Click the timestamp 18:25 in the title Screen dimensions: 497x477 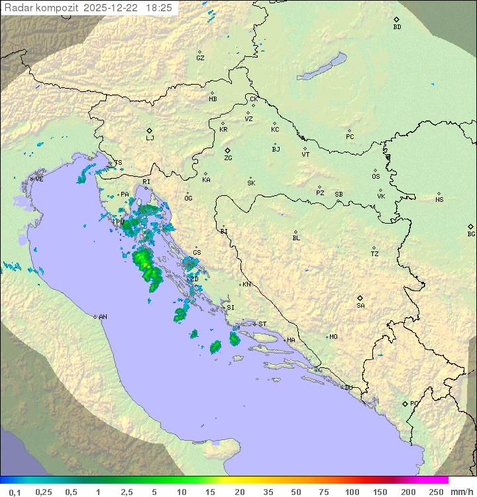(x=159, y=8)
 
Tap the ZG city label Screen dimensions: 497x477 (x=228, y=158)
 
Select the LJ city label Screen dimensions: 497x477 (x=150, y=138)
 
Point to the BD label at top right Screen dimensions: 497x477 (x=397, y=27)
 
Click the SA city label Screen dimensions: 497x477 (x=360, y=305)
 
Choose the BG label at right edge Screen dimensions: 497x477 (x=471, y=234)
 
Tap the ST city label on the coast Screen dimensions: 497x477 (x=262, y=324)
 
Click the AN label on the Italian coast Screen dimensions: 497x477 (x=103, y=317)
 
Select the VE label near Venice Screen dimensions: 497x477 (x=39, y=179)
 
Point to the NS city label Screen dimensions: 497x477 (x=439, y=200)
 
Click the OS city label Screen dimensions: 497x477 (x=376, y=177)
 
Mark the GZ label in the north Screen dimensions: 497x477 (x=200, y=58)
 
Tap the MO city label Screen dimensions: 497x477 (x=333, y=336)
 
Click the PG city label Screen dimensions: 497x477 (x=414, y=403)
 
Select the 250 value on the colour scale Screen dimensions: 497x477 (x=436, y=492)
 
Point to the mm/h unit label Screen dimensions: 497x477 (x=460, y=492)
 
